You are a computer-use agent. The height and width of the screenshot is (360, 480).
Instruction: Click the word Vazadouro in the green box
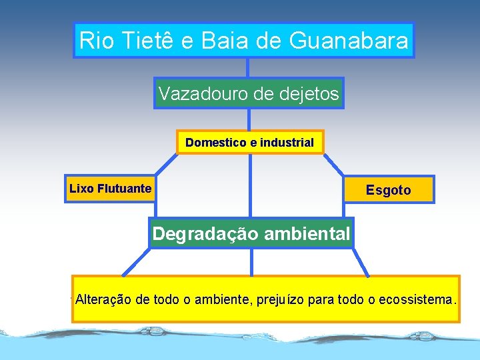(203, 94)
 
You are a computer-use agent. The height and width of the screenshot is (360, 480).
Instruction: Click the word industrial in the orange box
(287, 143)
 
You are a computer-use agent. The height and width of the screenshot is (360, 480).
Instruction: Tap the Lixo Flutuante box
(110, 189)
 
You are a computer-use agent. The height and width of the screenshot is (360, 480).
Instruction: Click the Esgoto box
(389, 190)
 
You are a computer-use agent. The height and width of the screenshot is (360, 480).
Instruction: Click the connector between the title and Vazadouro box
(248, 67)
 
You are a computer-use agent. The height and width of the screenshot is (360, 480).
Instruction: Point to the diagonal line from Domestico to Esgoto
(333, 164)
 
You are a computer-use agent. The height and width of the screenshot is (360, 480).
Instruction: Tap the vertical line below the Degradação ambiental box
(251, 261)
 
